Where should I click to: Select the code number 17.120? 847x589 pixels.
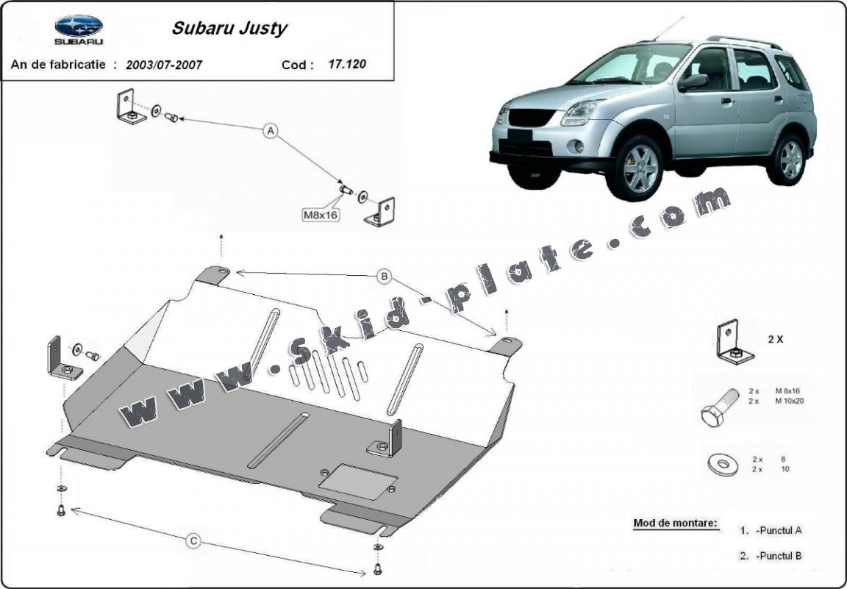pyautogui.click(x=347, y=64)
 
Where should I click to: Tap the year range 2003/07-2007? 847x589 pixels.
pyautogui.click(x=164, y=65)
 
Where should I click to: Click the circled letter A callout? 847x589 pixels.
pyautogui.click(x=271, y=132)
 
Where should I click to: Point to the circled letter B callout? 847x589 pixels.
pyautogui.click(x=384, y=277)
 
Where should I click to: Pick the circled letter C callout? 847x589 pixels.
pyautogui.click(x=193, y=541)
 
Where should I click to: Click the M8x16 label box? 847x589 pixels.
pyautogui.click(x=320, y=215)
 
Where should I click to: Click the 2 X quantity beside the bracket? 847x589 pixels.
pyautogui.click(x=775, y=340)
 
